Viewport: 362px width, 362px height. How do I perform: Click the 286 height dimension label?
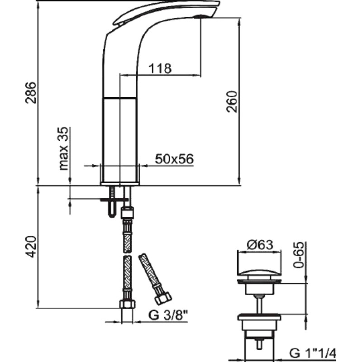31,92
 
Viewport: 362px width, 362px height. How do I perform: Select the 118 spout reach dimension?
160,68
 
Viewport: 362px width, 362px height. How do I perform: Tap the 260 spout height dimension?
232,101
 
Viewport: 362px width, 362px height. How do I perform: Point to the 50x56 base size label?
174,159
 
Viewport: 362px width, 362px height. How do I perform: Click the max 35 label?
63,148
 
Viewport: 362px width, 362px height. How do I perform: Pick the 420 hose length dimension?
31,246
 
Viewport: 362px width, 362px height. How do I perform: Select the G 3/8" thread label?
168,315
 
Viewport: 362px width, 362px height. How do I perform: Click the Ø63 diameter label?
260,245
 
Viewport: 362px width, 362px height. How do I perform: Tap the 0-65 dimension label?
298,255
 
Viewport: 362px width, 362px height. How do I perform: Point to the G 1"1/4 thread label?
313,353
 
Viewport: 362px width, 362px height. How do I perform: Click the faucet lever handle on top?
166,12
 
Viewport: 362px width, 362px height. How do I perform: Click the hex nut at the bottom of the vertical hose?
127,304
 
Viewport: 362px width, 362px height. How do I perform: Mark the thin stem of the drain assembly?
259,304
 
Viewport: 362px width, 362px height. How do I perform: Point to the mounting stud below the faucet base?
112,201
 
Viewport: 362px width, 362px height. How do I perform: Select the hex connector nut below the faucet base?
127,213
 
